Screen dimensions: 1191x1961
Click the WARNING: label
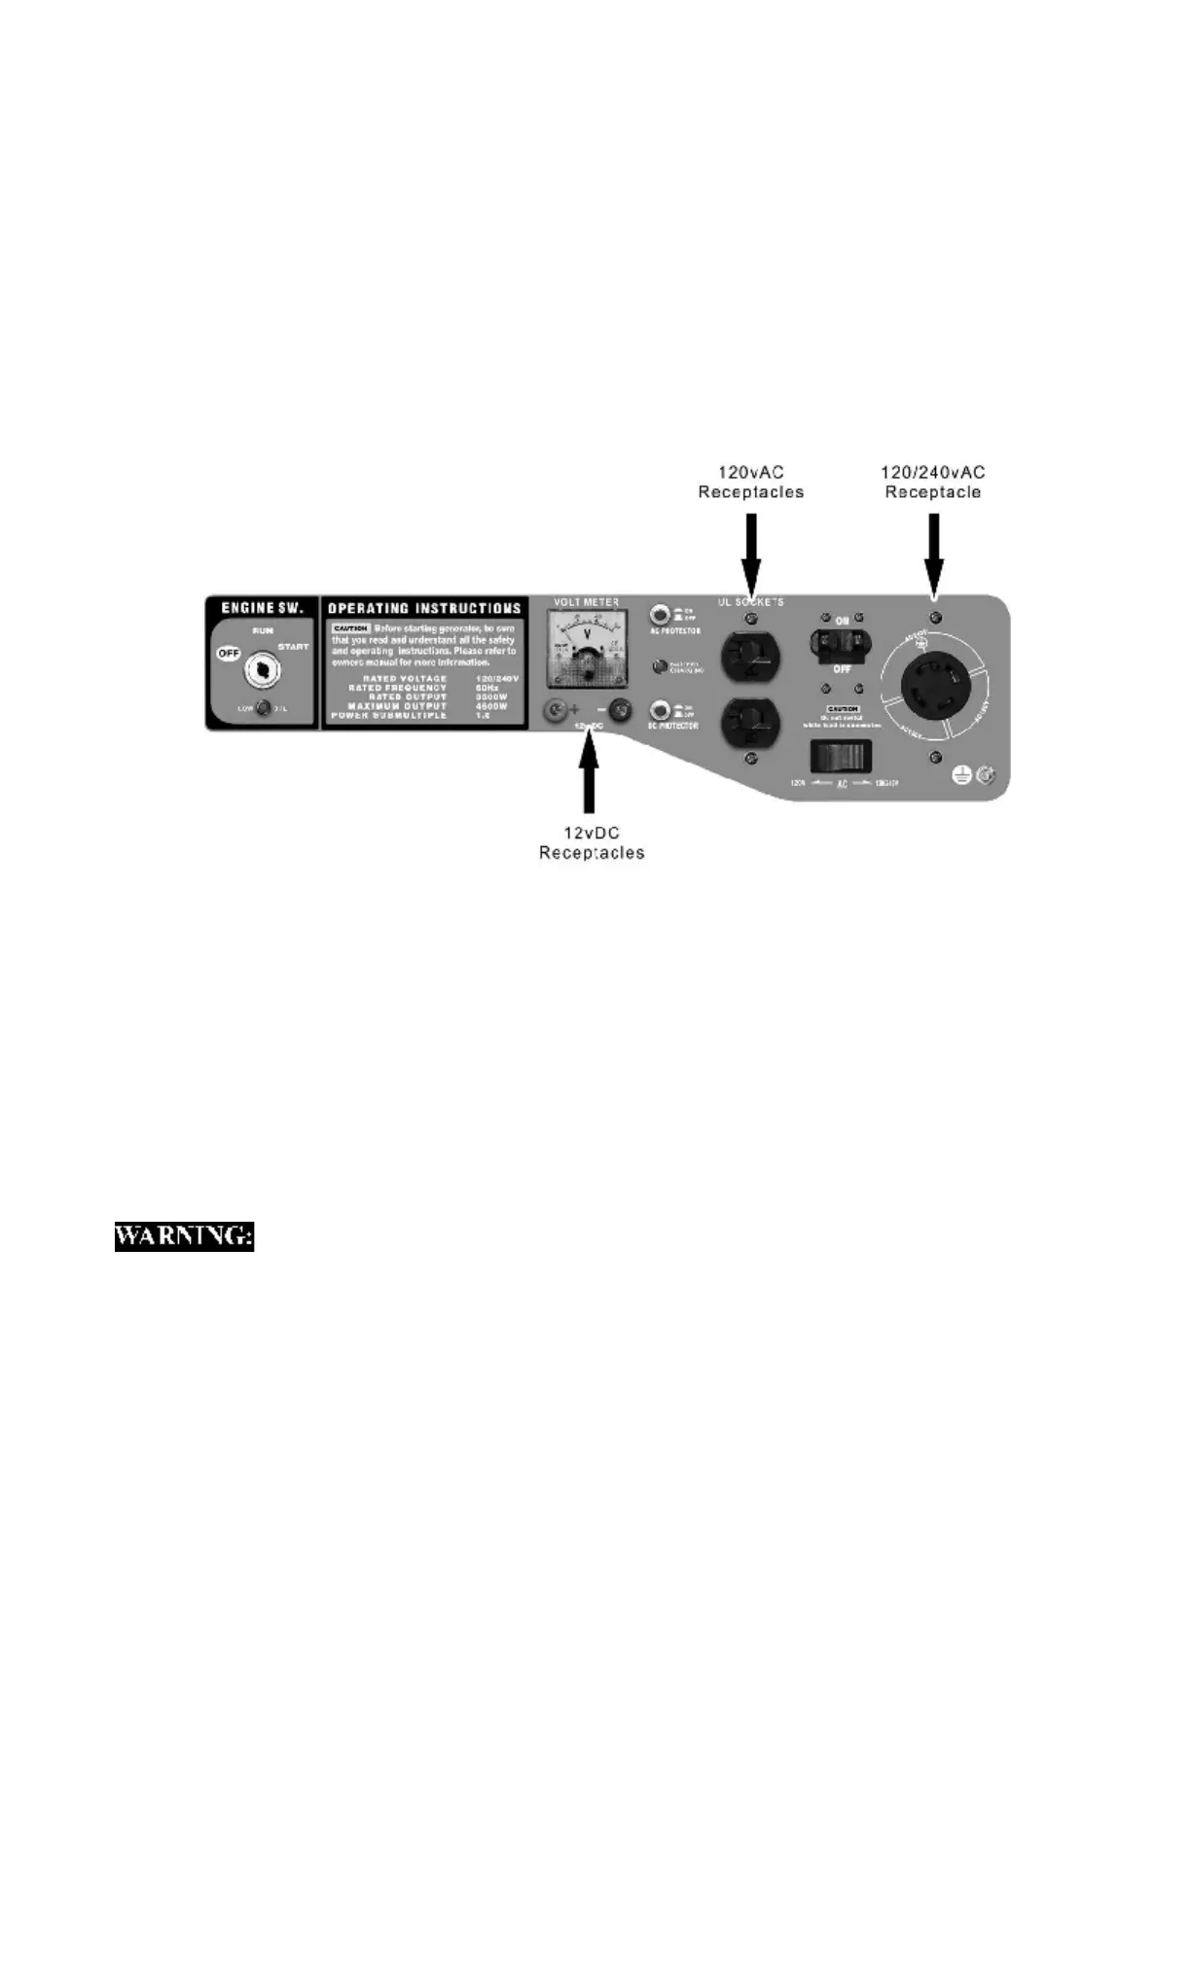pyautogui.click(x=184, y=1236)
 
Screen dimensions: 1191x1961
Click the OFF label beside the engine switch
pyautogui.click(x=229, y=654)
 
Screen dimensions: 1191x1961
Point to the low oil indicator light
pyautogui.click(x=263, y=708)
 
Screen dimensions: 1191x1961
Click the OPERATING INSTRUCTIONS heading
pyautogui.click(x=424, y=608)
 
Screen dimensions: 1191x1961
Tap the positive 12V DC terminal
pyautogui.click(x=556, y=712)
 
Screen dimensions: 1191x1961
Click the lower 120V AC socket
pyautogui.click(x=750, y=722)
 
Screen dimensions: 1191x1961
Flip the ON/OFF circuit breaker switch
pyautogui.click(x=842, y=643)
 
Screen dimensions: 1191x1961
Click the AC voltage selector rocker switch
pyautogui.click(x=841, y=756)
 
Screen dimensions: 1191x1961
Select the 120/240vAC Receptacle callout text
pyautogui.click(x=932, y=481)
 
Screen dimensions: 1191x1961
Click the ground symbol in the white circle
pyautogui.click(x=961, y=775)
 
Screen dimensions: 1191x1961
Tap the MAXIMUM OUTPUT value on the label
pyautogui.click(x=491, y=706)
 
